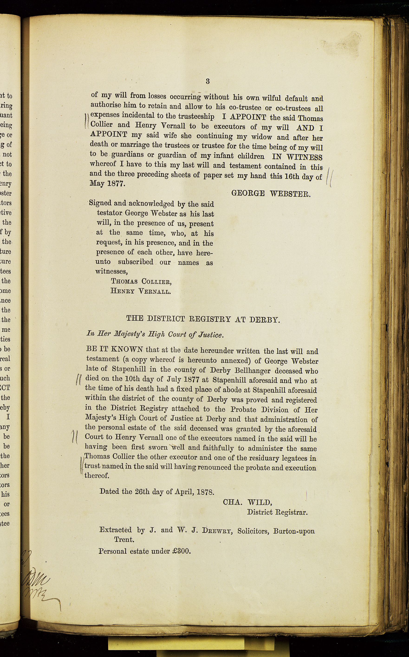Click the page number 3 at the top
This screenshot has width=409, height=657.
click(208, 81)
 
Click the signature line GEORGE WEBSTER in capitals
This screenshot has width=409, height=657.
click(271, 194)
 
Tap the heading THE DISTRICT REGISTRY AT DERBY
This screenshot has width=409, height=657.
click(203, 319)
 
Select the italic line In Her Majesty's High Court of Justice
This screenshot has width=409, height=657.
click(155, 334)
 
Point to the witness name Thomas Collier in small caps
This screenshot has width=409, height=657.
click(141, 282)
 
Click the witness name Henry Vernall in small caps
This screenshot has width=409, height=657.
click(141, 291)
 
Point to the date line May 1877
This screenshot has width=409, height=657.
click(107, 184)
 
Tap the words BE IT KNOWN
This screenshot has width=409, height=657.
click(114, 349)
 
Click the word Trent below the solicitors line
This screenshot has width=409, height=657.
click(124, 539)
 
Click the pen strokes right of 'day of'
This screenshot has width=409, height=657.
click(329, 177)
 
